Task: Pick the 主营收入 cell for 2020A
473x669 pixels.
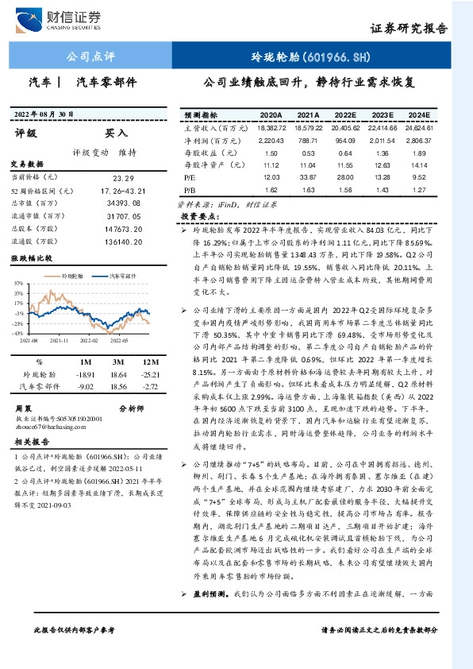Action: tap(271, 127)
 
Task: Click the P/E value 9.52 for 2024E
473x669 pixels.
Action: tap(420, 177)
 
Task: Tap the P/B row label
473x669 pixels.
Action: tap(190, 190)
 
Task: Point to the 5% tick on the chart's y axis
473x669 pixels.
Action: tap(17, 282)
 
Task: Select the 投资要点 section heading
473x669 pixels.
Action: tap(199, 216)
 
